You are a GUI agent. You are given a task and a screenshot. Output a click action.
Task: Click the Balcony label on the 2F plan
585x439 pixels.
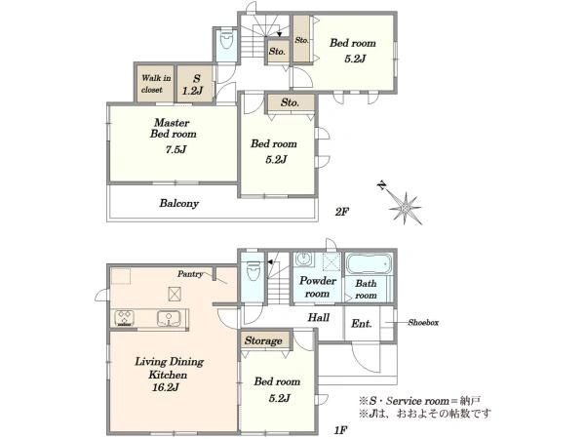tap(178, 204)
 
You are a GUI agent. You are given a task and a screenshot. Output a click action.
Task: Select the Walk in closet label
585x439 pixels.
tap(156, 84)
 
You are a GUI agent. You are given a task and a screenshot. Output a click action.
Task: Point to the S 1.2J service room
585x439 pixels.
tap(194, 84)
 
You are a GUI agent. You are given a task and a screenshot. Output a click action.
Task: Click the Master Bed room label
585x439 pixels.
tap(173, 128)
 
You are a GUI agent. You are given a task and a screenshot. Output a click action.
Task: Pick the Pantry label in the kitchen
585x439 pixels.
tap(190, 274)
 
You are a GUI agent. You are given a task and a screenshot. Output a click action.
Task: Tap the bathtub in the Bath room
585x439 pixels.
tap(369, 264)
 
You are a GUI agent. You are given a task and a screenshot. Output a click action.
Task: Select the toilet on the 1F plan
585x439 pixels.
tap(253, 271)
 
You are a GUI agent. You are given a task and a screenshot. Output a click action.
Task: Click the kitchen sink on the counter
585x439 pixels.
tap(169, 318)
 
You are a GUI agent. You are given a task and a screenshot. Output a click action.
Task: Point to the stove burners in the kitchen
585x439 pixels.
tap(124, 318)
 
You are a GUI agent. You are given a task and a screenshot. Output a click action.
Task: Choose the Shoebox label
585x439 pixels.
tap(423, 323)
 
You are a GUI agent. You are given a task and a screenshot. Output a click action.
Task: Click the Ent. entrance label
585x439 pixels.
tap(361, 324)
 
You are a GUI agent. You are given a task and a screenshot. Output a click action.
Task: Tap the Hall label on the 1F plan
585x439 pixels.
tap(318, 318)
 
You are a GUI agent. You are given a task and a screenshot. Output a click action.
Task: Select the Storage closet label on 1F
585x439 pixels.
tap(263, 340)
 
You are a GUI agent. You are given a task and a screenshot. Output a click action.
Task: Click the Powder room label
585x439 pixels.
tap(318, 287)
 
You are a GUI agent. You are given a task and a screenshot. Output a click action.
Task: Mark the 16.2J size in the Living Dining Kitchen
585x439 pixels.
tap(166, 387)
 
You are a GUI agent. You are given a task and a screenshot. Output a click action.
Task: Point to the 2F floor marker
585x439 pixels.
tap(342, 212)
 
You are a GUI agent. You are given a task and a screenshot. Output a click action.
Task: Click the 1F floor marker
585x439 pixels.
tap(340, 430)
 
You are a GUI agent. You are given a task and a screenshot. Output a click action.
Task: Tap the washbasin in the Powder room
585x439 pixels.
tap(303, 259)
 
